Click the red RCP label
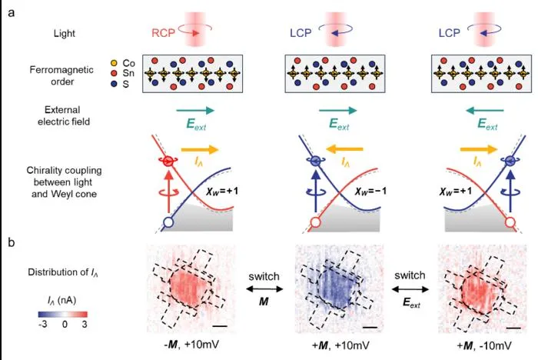pos(163,33)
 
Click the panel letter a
pos(12,14)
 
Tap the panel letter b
pos(12,242)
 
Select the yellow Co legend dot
pos(115,63)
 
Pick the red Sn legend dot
pos(115,73)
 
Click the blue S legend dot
pos(115,84)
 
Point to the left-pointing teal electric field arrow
pos(484,111)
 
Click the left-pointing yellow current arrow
pos(344,149)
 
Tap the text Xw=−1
pos(370,191)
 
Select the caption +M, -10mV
pos(484,345)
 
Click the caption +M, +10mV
pos(340,345)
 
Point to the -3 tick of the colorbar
pos(43,325)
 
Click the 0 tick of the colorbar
pos(65,325)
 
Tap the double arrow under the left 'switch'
pos(264,289)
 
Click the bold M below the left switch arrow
pos(264,302)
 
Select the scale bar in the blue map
pos(370,328)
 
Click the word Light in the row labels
pos(64,33)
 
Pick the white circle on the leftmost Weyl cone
pos(168,222)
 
